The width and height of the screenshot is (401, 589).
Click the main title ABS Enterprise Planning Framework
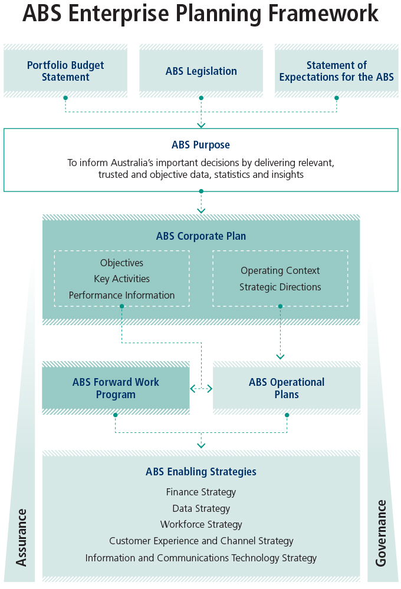[200, 14]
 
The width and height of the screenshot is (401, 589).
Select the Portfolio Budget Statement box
[65, 71]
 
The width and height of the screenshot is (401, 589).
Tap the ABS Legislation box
[201, 71]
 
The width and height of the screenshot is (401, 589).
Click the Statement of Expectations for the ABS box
[336, 71]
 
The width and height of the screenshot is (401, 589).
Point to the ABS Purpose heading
[200, 145]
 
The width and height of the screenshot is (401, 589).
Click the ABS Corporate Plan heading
[201, 236]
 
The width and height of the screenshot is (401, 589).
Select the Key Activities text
[121, 279]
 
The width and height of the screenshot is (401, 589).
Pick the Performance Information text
[121, 296]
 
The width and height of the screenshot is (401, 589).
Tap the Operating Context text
[280, 271]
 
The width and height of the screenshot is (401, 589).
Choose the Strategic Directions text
[280, 287]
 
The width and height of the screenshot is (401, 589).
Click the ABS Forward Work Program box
[116, 388]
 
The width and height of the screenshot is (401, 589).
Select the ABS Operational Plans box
[287, 388]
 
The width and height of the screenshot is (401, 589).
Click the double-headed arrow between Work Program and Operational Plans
[201, 389]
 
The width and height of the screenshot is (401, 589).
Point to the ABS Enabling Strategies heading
[201, 472]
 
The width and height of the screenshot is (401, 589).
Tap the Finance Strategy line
[201, 492]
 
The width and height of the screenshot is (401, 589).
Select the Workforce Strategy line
[201, 525]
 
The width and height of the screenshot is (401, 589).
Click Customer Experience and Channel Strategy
[201, 541]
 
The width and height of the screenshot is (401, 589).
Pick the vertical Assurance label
[22, 537]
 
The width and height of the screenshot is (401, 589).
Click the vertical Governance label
[381, 533]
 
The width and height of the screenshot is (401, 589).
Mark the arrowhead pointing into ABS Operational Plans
[280, 356]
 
